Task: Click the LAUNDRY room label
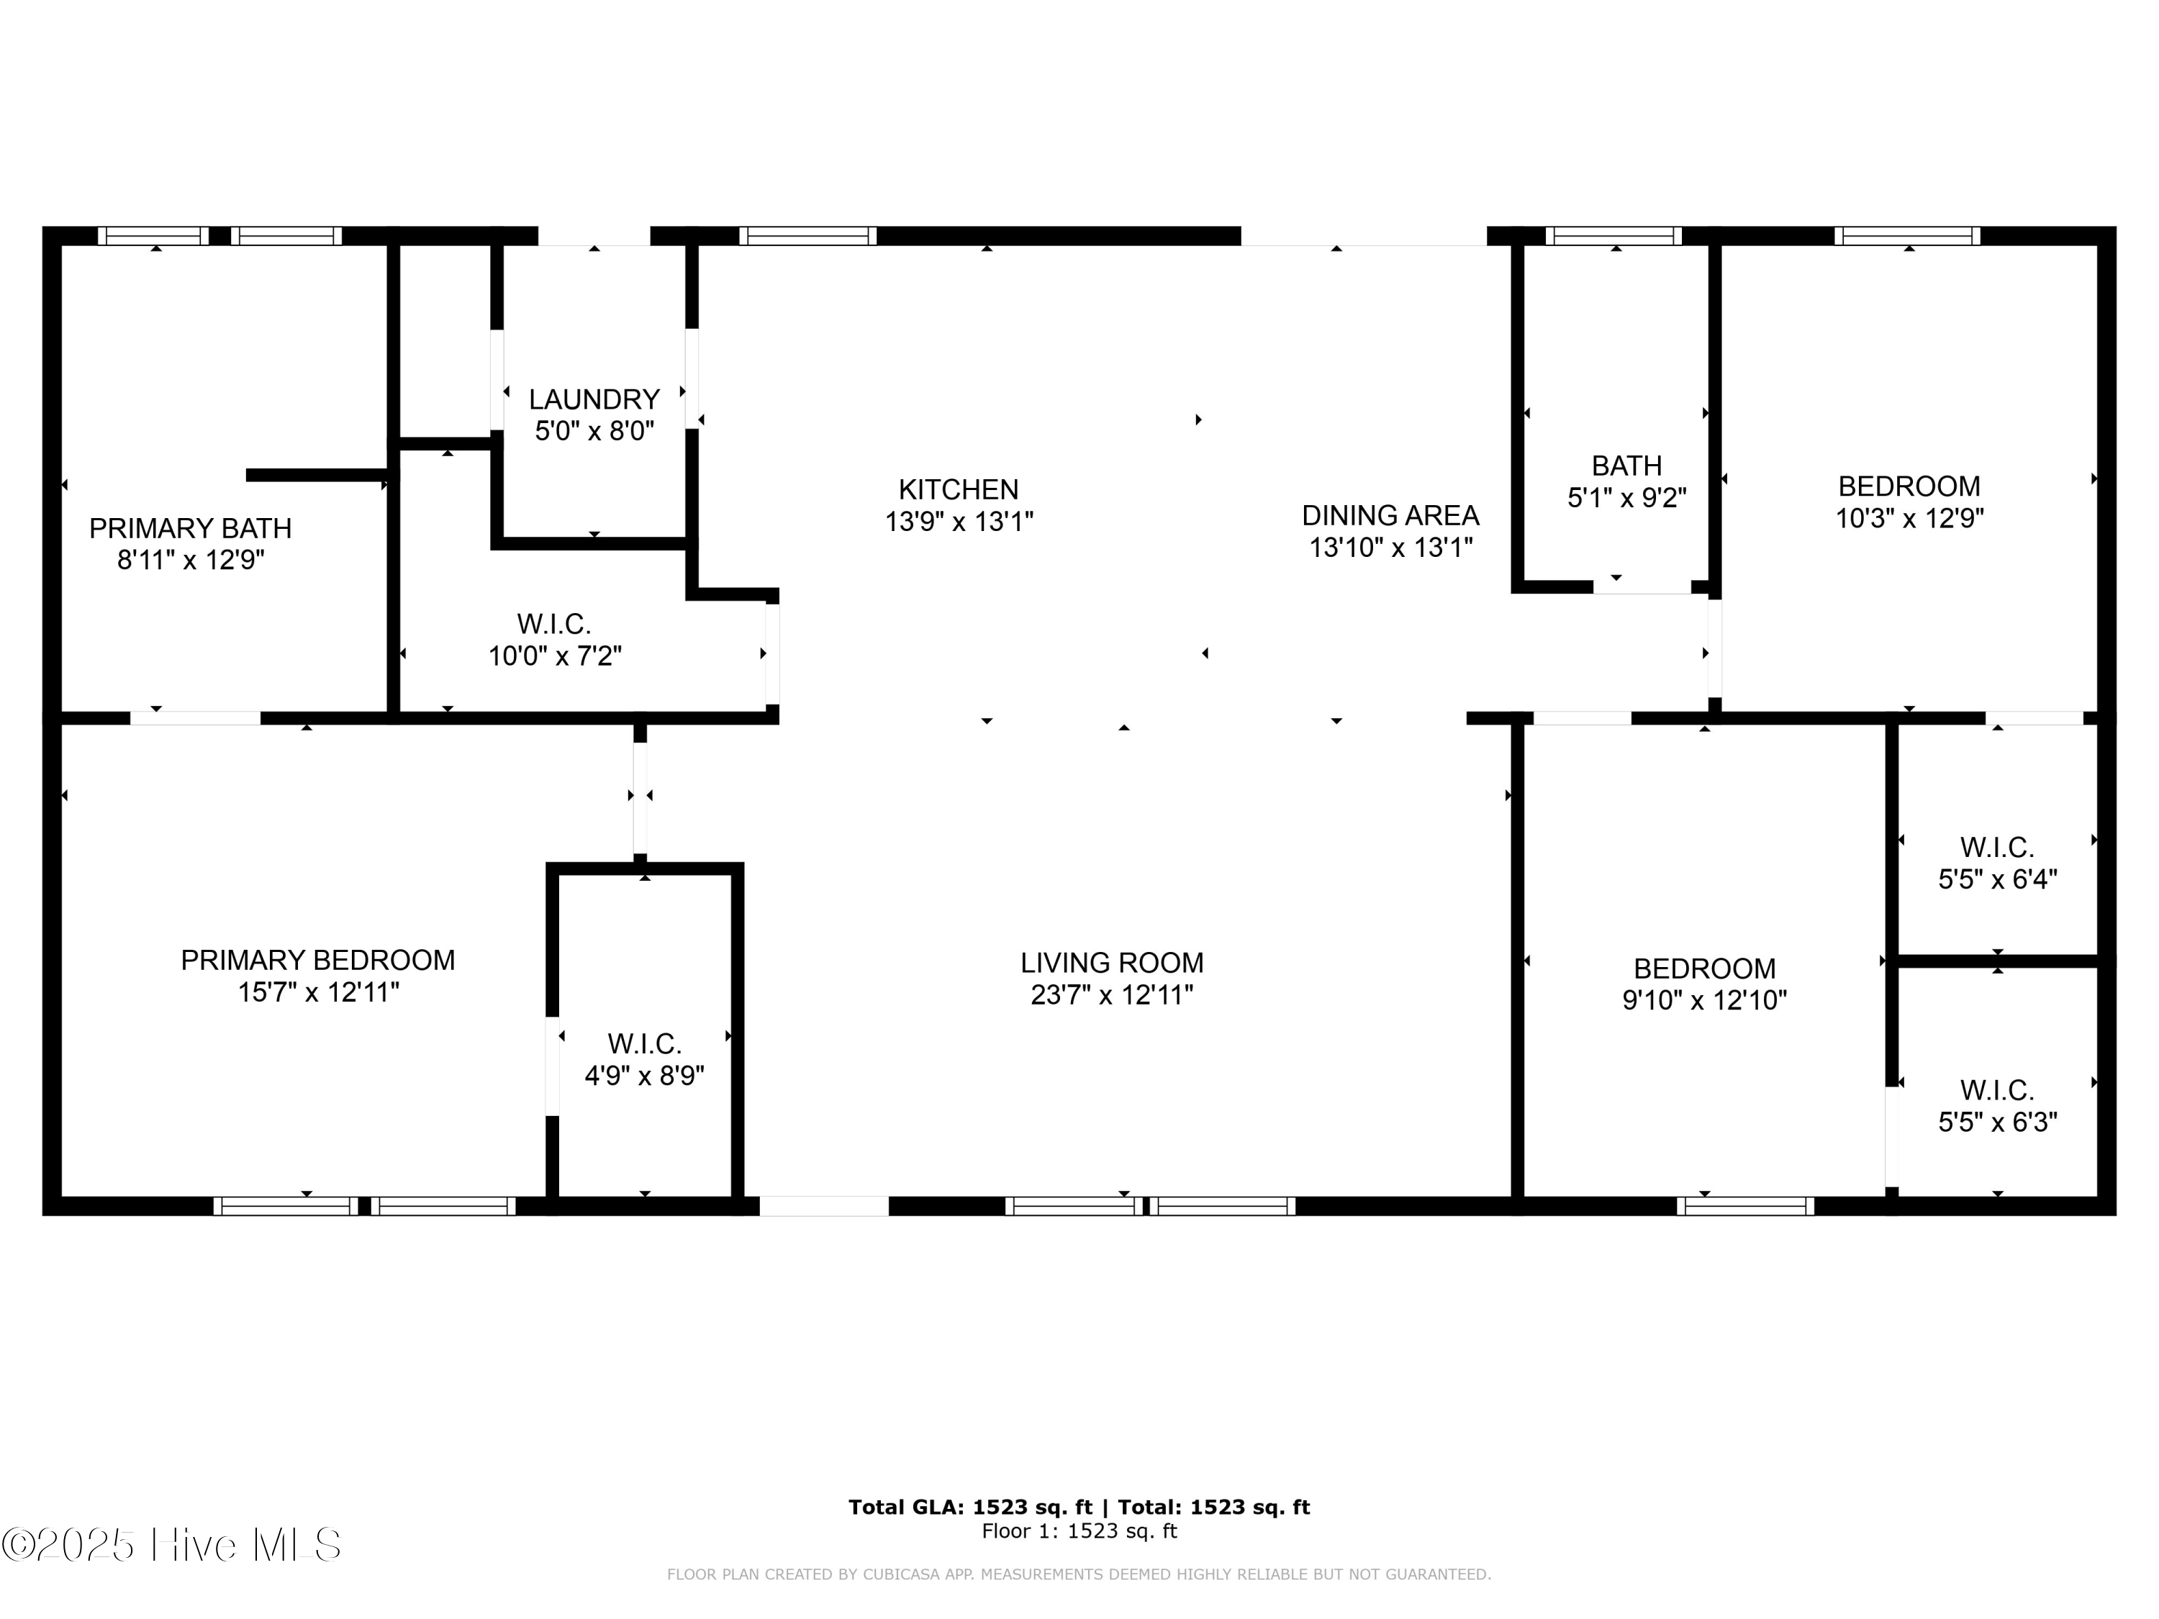594,399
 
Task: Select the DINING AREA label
1390,515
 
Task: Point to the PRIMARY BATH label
190,528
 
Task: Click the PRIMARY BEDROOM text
317,961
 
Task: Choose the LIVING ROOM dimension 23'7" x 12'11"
1112,995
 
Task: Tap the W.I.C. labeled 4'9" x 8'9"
644,1060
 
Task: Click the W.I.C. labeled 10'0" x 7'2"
554,639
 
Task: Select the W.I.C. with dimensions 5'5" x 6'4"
1997,863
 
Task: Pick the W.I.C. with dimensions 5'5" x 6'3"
1997,1106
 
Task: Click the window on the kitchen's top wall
807,235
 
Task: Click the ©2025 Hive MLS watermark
172,1545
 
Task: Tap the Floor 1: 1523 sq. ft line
1079,1531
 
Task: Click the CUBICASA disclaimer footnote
1079,1574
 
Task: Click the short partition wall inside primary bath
317,475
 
